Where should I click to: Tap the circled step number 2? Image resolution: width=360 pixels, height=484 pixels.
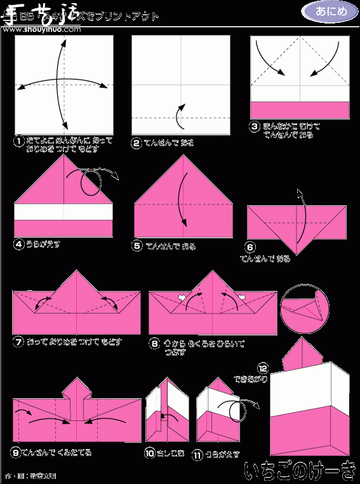137,143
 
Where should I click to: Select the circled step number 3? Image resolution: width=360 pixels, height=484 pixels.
255,126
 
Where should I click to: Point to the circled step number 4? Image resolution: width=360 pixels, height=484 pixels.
19,243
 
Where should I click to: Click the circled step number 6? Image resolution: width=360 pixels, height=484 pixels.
251,247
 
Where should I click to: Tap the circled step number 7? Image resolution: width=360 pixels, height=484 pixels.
18,342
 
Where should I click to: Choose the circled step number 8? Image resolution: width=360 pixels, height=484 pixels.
154,344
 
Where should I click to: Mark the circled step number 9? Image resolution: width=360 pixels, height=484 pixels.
16,452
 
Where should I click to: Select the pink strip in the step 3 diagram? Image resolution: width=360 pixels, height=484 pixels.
300,110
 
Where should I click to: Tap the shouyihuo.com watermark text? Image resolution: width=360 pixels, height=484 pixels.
52,19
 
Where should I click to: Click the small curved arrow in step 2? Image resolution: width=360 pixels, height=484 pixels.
180,115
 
